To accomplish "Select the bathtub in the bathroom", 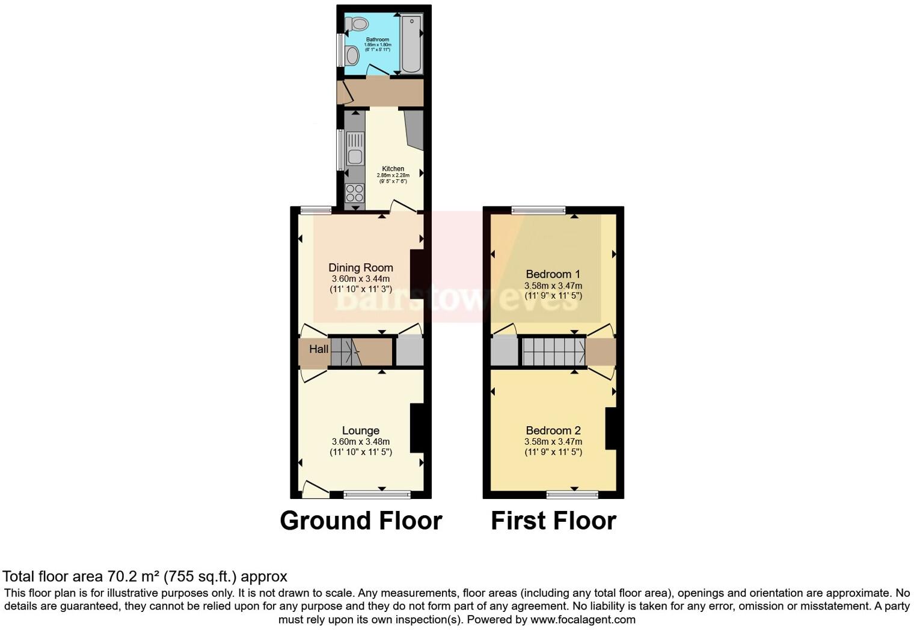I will pos(412,43).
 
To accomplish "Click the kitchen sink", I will pos(355,157).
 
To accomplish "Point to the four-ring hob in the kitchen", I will pos(355,193).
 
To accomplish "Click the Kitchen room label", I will pos(393,169).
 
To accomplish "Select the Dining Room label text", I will pos(361,268).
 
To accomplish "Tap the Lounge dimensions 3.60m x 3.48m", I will pos(361,441).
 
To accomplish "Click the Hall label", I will pos(319,349).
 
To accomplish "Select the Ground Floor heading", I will pos(361,521).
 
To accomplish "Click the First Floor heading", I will pos(553,521).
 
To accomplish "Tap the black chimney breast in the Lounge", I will pos(417,428).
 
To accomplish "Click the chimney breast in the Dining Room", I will pos(417,274).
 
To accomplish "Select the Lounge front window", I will pos(377,495).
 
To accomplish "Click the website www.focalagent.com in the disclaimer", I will pos(583,619).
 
